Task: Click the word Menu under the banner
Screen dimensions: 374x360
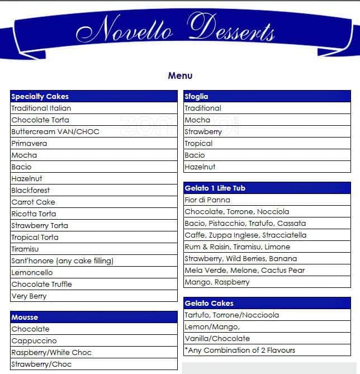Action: [x=180, y=75]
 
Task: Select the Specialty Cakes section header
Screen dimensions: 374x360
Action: [x=36, y=96]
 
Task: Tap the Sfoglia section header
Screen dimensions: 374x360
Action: [x=196, y=96]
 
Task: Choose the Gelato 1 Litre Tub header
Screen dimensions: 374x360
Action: [x=215, y=188]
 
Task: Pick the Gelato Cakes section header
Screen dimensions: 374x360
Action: [x=209, y=303]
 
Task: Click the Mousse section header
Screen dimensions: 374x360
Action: [x=25, y=317]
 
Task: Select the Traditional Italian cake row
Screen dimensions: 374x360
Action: [x=41, y=108]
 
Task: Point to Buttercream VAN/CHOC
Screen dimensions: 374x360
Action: [x=55, y=131]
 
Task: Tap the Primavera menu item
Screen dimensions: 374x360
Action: [x=29, y=143]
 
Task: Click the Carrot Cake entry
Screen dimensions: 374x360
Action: [x=34, y=202]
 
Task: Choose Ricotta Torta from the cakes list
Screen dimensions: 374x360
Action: [x=34, y=214]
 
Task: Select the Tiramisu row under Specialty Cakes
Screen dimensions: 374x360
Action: [x=25, y=249]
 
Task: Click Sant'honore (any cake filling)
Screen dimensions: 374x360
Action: [x=63, y=261]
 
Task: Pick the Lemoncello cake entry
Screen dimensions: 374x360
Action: [x=32, y=272]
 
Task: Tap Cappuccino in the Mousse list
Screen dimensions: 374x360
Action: [x=34, y=340]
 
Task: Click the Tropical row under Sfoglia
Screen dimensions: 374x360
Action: [x=198, y=143]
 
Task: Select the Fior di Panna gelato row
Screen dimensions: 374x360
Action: [x=207, y=200]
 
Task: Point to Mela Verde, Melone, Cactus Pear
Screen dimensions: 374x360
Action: [x=244, y=270]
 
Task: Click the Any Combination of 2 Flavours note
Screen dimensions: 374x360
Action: [x=240, y=350]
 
